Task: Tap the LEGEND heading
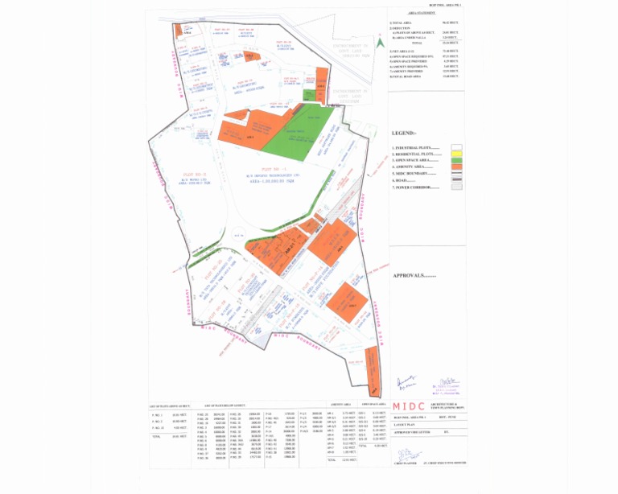(x=404, y=133)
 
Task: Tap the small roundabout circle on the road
(x=236, y=233)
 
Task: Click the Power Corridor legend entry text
(x=415, y=187)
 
